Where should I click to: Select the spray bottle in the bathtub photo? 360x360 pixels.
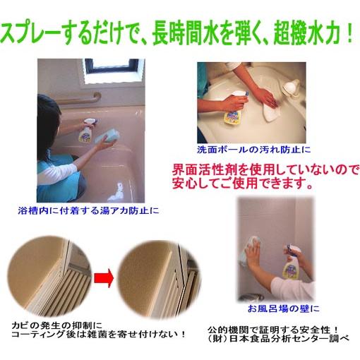click(89, 130)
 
